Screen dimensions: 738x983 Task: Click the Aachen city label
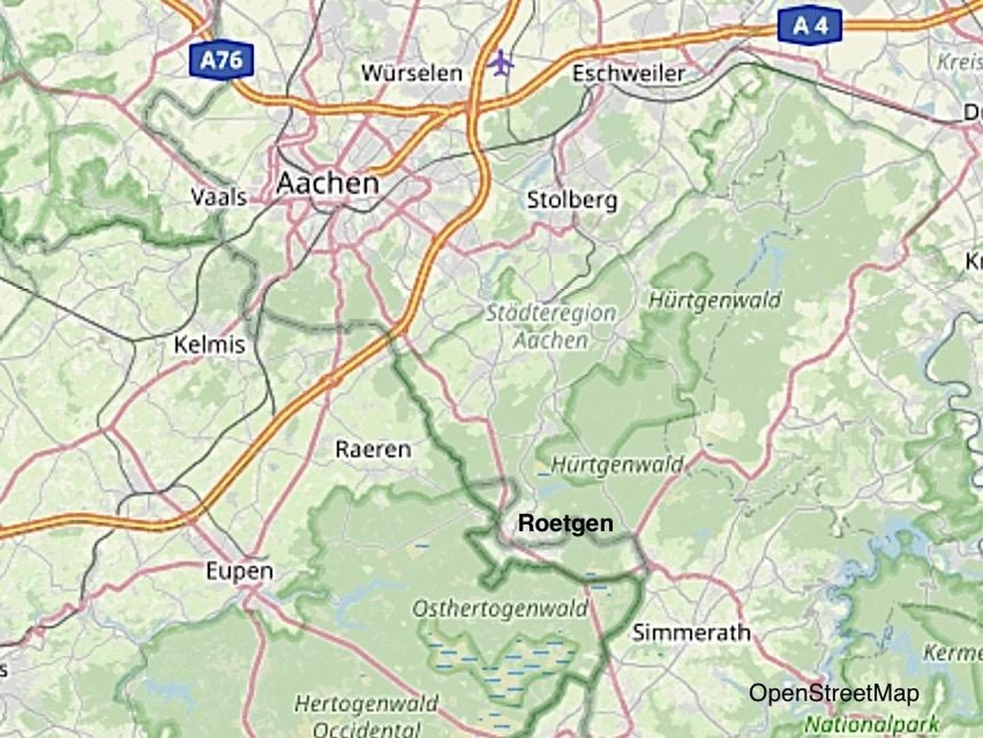[328, 183]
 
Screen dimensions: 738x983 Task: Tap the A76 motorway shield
[221, 60]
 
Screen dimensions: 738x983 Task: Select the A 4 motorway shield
[810, 26]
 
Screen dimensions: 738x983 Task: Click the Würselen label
[412, 73]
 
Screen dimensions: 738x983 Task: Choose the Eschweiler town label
[628, 73]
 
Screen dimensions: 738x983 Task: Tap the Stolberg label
[572, 200]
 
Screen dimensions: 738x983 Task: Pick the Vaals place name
[218, 197]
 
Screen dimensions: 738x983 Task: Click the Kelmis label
[209, 344]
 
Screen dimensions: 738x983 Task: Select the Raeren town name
[373, 449]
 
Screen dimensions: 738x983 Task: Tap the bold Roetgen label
[565, 523]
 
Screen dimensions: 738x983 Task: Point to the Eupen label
[240, 571]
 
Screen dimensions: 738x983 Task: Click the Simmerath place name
[691, 633]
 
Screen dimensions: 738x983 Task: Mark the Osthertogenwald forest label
[500, 608]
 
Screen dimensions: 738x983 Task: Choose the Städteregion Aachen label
[551, 327]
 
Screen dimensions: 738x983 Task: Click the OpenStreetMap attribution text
[834, 693]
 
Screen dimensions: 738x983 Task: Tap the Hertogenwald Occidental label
[367, 715]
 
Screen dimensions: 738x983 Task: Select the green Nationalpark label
[872, 724]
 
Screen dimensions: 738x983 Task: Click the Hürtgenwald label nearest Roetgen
[616, 465]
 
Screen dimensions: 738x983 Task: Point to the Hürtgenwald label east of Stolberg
[714, 299]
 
